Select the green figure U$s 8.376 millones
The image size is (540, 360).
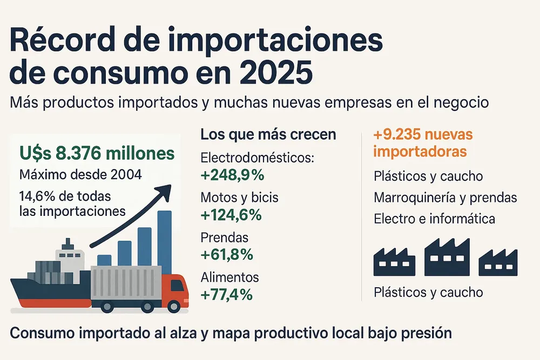coord(97,154)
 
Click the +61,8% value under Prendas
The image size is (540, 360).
coord(227,254)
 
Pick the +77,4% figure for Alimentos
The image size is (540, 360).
coord(227,295)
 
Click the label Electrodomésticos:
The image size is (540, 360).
coord(257,158)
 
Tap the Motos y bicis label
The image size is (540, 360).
coord(239,198)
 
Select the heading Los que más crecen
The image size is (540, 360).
coord(268,134)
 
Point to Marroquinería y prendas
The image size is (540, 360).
coord(445,198)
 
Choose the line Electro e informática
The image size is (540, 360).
coord(434,219)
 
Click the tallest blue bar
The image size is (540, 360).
coord(165,243)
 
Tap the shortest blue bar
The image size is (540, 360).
coord(104,261)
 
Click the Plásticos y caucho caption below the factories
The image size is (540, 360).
coord(428,293)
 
